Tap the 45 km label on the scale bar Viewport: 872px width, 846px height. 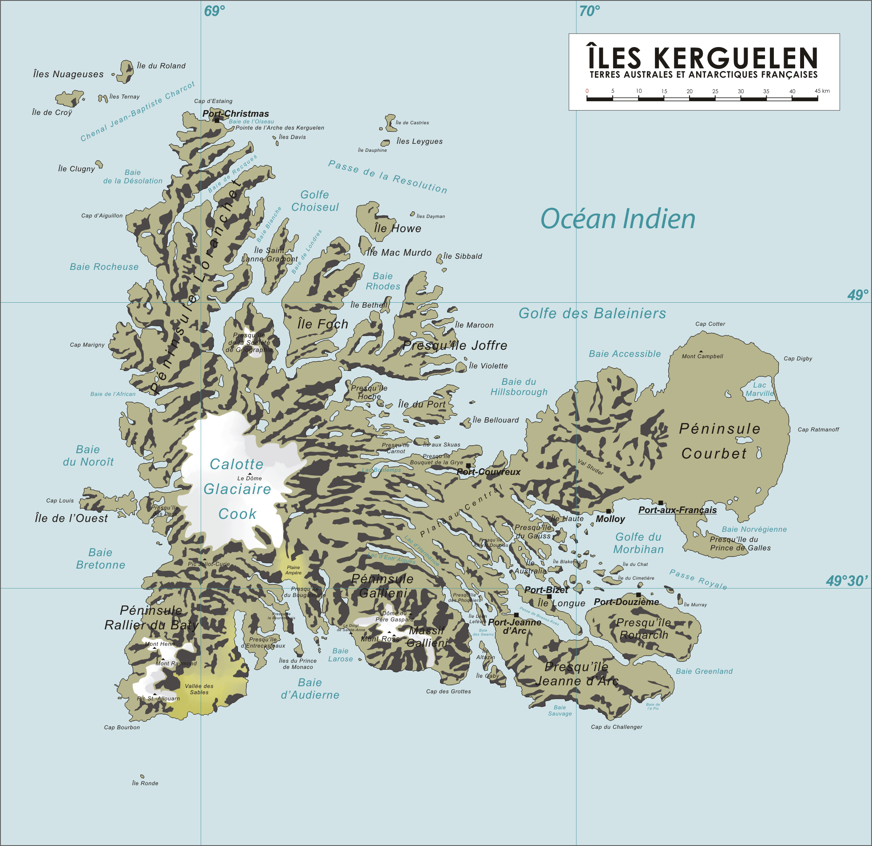tap(822, 91)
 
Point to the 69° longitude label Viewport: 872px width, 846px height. tap(214, 11)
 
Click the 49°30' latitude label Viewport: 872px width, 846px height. tap(847, 581)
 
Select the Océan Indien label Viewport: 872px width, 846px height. tap(618, 219)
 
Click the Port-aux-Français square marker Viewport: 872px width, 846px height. tap(661, 502)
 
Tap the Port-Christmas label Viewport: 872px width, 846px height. tap(235, 114)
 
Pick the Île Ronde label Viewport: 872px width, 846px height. tap(145, 783)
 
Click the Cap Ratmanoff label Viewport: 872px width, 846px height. tap(818, 429)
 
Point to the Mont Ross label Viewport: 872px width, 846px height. tap(381, 639)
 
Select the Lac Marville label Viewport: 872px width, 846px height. tap(759, 389)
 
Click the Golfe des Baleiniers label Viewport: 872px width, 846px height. tap(592, 313)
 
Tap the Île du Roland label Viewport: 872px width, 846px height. tap(161, 66)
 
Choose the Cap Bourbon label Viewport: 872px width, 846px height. tap(122, 727)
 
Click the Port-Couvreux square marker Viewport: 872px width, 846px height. tap(468, 466)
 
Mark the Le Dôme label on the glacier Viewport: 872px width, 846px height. tap(250, 478)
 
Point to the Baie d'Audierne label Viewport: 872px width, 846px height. tap(309, 688)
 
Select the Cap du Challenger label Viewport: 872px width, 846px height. tap(616, 727)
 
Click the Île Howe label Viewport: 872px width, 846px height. tap(397, 228)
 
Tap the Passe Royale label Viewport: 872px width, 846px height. tap(698, 579)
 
